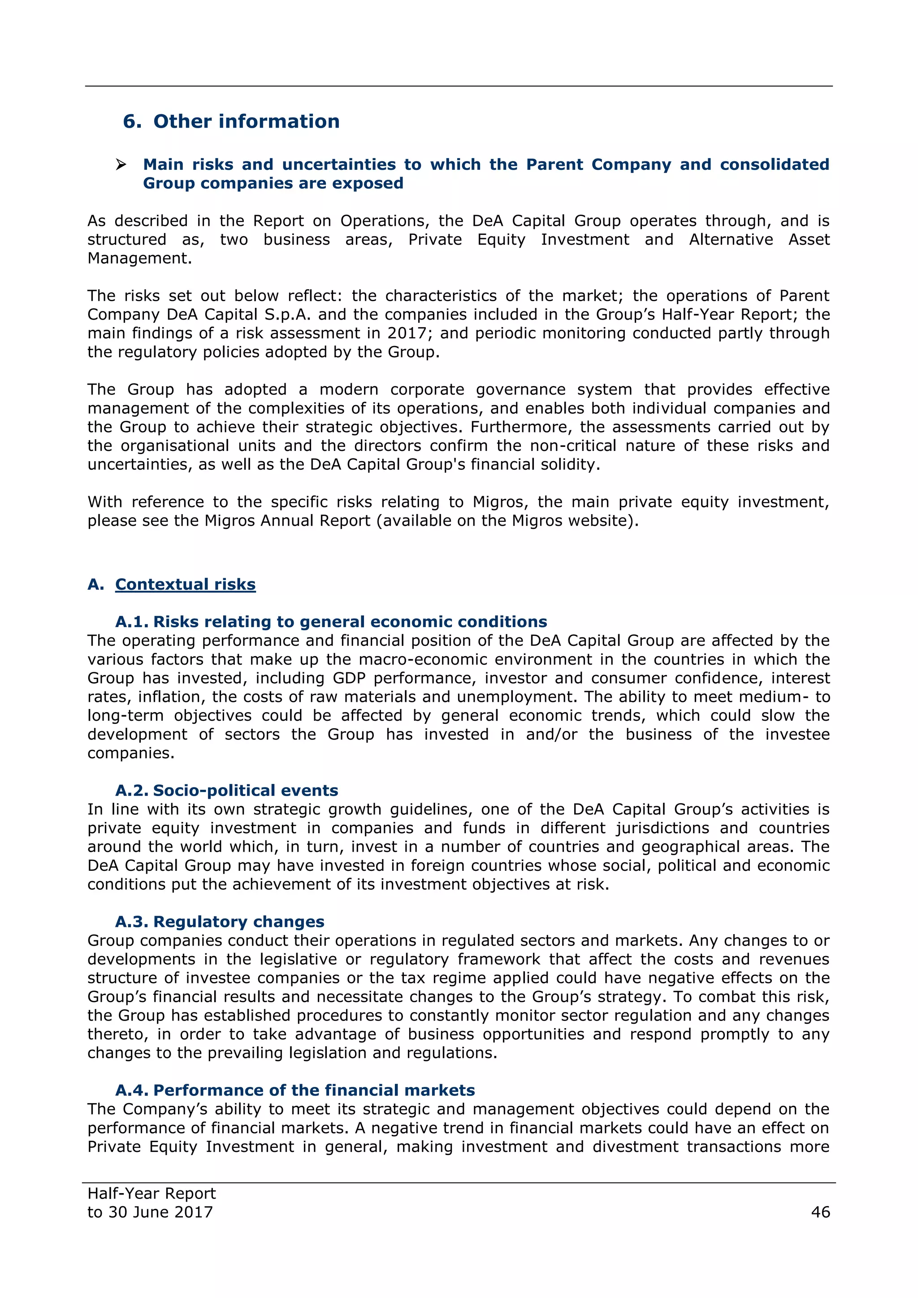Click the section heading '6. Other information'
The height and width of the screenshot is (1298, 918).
click(x=231, y=121)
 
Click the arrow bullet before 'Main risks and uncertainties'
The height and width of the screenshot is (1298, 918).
click(x=121, y=165)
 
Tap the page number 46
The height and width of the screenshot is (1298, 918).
click(x=820, y=1212)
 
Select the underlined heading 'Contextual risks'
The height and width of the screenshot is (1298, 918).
click(x=186, y=584)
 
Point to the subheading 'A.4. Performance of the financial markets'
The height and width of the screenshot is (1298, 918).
click(x=294, y=1090)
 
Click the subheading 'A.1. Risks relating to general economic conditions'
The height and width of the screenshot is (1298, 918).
click(x=331, y=622)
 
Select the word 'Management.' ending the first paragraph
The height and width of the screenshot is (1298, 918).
click(x=139, y=258)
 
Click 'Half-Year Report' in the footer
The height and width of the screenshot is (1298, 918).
click(x=152, y=1194)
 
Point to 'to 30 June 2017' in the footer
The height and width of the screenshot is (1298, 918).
click(x=150, y=1212)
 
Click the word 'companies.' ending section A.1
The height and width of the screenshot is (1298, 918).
click(x=130, y=753)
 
